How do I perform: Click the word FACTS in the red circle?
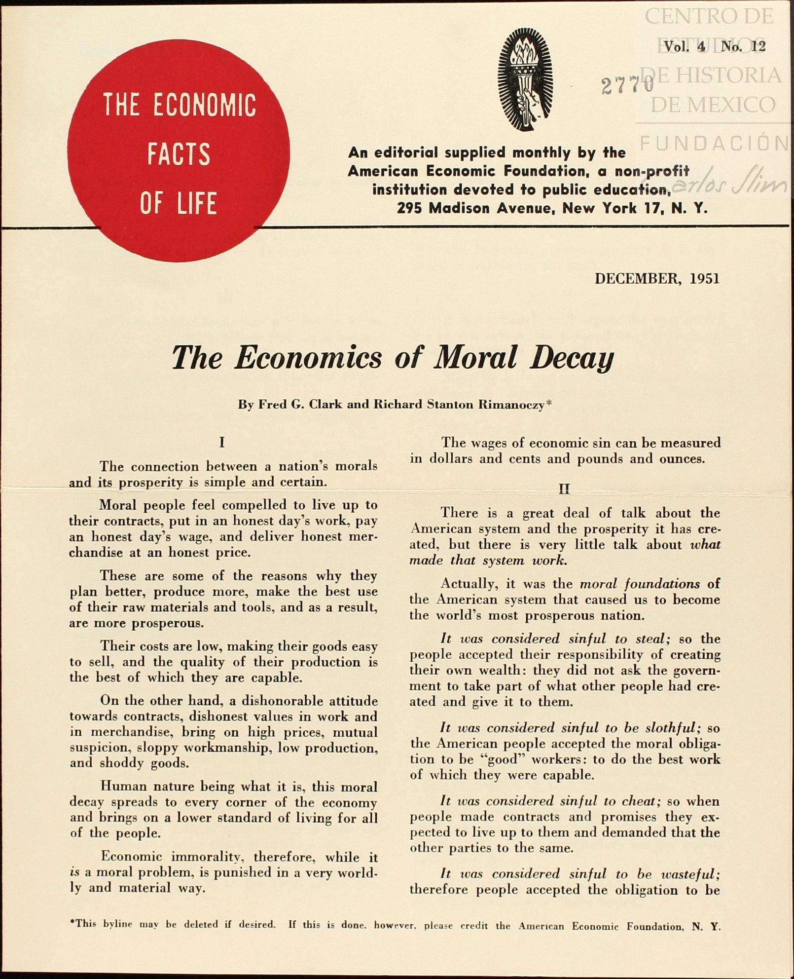pos(179,154)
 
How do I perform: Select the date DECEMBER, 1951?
pos(657,279)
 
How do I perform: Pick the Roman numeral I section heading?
pos(222,442)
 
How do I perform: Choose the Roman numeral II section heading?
pos(564,489)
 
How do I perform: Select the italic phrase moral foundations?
pos(640,584)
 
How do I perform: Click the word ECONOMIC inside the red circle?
pos(204,105)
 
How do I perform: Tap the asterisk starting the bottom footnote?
pos(72,922)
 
